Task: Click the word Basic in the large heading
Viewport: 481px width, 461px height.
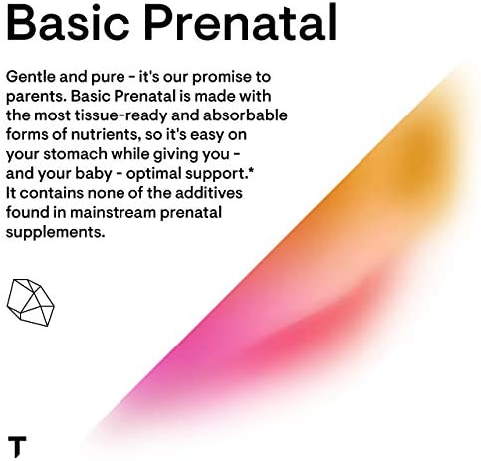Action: (x=68, y=22)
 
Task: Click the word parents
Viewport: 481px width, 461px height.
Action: (x=36, y=97)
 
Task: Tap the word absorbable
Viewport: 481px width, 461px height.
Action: (x=245, y=115)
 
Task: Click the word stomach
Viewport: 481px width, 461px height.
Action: (x=75, y=154)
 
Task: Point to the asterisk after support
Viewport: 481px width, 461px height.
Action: (x=251, y=171)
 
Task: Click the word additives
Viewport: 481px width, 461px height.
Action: (x=209, y=193)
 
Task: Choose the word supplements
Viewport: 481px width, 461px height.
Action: (x=55, y=233)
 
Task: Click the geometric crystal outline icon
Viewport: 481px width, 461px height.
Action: (x=30, y=302)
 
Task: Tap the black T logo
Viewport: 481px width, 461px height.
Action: (x=17, y=446)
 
